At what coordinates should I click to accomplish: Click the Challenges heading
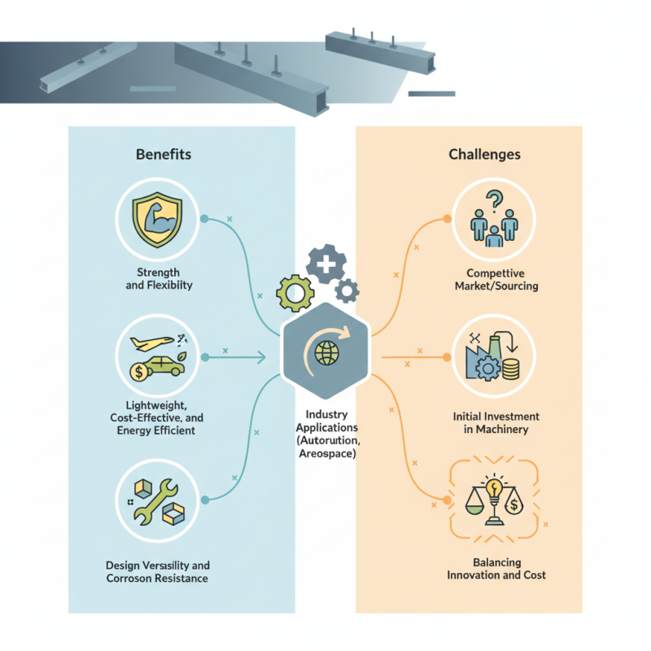click(x=485, y=153)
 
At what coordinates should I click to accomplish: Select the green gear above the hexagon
click(x=294, y=292)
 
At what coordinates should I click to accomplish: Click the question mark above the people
click(x=492, y=199)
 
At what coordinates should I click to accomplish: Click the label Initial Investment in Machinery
click(x=496, y=422)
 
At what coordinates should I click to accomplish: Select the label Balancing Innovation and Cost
click(x=496, y=568)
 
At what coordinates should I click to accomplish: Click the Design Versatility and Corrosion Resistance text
click(x=157, y=571)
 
